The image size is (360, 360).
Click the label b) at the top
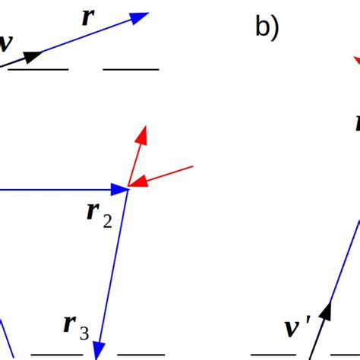267,28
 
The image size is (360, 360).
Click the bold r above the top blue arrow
87,18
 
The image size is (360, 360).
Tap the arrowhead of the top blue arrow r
139,17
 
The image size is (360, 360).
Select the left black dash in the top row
38,69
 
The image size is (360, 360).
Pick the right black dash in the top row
131,69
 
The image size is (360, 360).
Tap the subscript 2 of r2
107,221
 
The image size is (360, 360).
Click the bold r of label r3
69,324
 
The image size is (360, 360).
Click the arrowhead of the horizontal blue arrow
119,188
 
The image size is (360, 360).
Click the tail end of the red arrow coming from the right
194,166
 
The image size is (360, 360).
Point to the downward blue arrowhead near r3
98,350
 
